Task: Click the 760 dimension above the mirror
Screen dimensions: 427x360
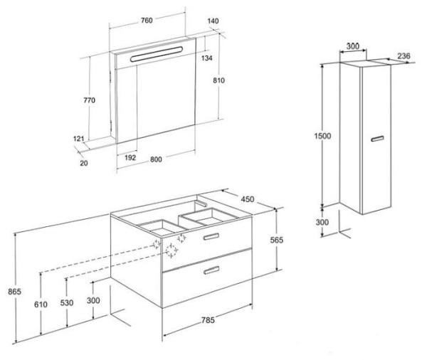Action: pyautogui.click(x=147, y=20)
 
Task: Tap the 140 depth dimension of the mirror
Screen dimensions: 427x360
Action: pyautogui.click(x=213, y=21)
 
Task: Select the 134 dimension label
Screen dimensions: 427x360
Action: pyautogui.click(x=206, y=58)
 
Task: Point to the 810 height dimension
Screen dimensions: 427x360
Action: pyautogui.click(x=218, y=80)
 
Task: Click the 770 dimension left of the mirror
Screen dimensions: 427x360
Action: pyautogui.click(x=90, y=100)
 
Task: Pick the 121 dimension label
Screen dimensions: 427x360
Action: pyautogui.click(x=79, y=139)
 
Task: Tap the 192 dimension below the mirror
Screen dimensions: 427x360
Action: pyautogui.click(x=130, y=157)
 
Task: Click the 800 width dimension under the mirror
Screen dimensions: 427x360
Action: pyautogui.click(x=156, y=159)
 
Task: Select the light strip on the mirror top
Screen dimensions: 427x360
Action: pyautogui.click(x=157, y=54)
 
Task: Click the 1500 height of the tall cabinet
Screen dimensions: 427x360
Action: pyautogui.click(x=322, y=136)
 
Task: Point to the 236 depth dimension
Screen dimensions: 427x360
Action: pyautogui.click(x=404, y=56)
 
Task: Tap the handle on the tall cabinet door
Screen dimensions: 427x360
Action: pyautogui.click(x=377, y=139)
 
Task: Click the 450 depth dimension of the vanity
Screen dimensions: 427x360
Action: pyautogui.click(x=248, y=199)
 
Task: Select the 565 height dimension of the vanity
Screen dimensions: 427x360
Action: pyautogui.click(x=277, y=240)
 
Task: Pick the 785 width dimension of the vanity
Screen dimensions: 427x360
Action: pyautogui.click(x=208, y=320)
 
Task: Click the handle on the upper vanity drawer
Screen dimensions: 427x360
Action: pyautogui.click(x=211, y=237)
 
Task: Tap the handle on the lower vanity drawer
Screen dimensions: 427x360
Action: pyautogui.click(x=211, y=270)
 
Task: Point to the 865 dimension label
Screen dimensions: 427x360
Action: pyautogui.click(x=14, y=292)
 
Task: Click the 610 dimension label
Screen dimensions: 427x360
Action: pyautogui.click(x=41, y=305)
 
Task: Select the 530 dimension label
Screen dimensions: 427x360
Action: pyautogui.click(x=67, y=302)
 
